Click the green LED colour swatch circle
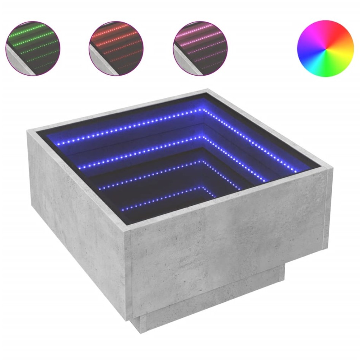click(33, 48)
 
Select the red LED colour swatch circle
click(116, 48)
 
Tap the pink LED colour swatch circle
click(200, 48)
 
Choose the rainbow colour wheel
click(325, 48)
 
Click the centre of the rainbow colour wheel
click(325, 48)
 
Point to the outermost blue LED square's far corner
click(202, 109)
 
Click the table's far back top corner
click(208, 91)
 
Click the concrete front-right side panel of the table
click(228, 243)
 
